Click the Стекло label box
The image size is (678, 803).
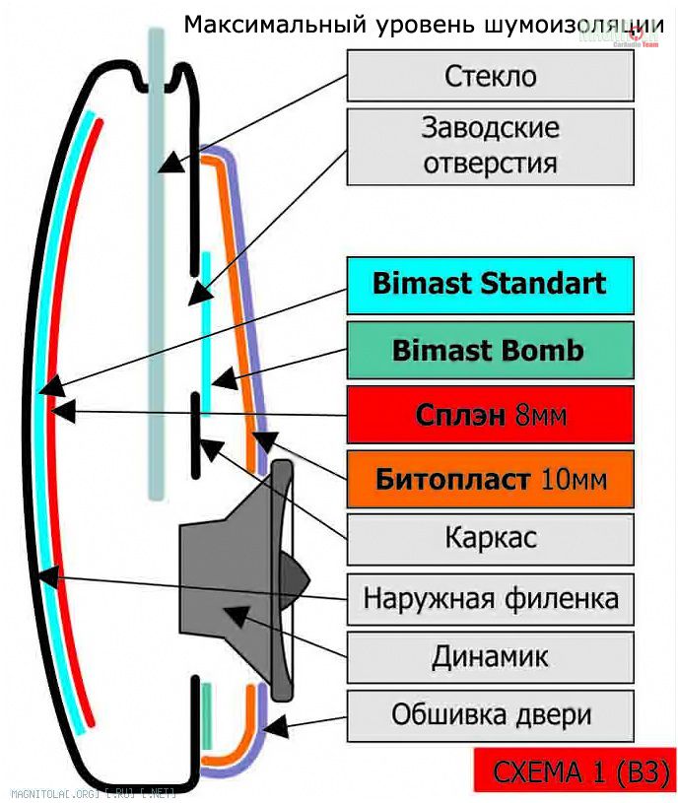point(490,76)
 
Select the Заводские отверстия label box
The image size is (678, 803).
point(490,146)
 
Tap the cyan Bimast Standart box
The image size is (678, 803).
point(490,285)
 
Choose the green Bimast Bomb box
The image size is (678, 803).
point(490,351)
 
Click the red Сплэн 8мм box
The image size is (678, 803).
point(490,416)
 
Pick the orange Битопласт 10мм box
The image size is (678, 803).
point(490,480)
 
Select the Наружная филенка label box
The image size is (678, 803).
point(490,598)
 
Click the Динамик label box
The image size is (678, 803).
point(490,656)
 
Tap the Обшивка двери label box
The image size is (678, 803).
point(490,714)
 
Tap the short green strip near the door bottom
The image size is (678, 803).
point(207,715)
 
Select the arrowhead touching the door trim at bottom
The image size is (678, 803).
point(276,729)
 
